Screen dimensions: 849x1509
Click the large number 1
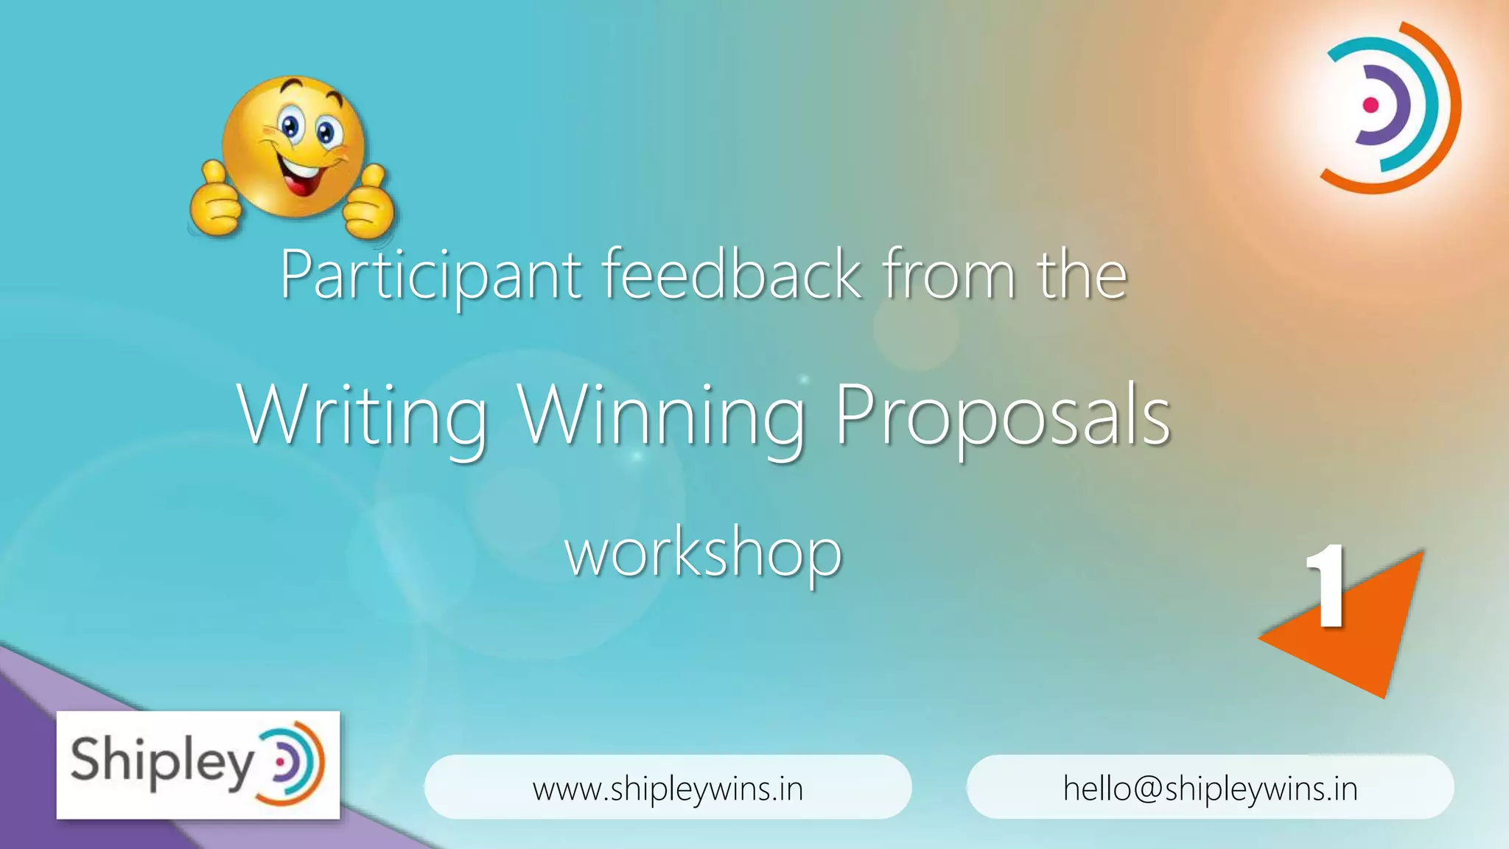[x=1327, y=587]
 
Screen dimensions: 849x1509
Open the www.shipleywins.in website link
[x=668, y=788]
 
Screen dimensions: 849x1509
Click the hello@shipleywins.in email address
[x=1210, y=788]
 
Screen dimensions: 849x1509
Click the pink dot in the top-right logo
[x=1370, y=105]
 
